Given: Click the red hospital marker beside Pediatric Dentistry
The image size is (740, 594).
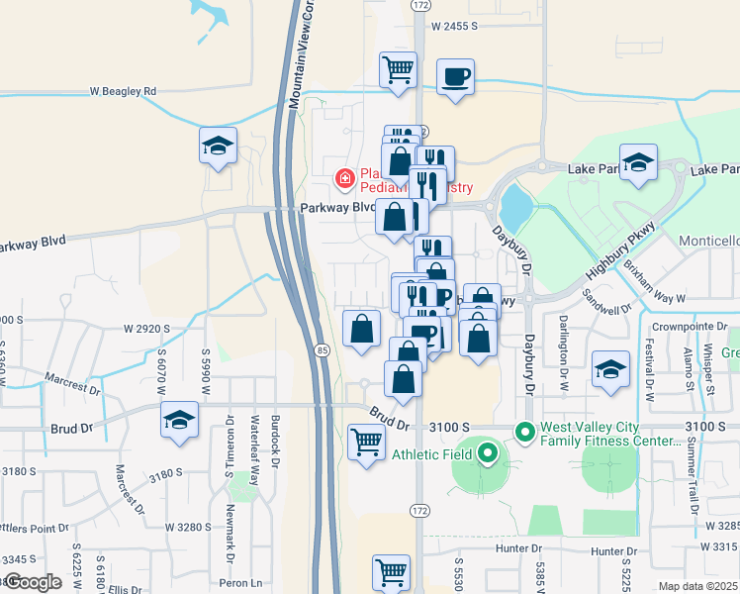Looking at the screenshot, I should coord(344,179).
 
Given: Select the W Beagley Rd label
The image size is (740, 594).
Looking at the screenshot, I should coord(123,91).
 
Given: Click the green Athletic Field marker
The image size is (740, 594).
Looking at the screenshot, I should coord(487,454).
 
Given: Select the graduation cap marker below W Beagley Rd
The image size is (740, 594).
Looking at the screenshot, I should coord(218,146).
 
